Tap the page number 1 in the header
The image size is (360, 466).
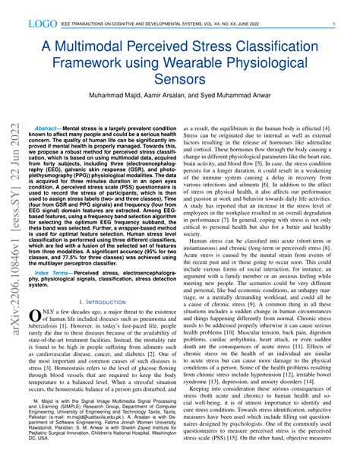pyautogui.click(x=335, y=25)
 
